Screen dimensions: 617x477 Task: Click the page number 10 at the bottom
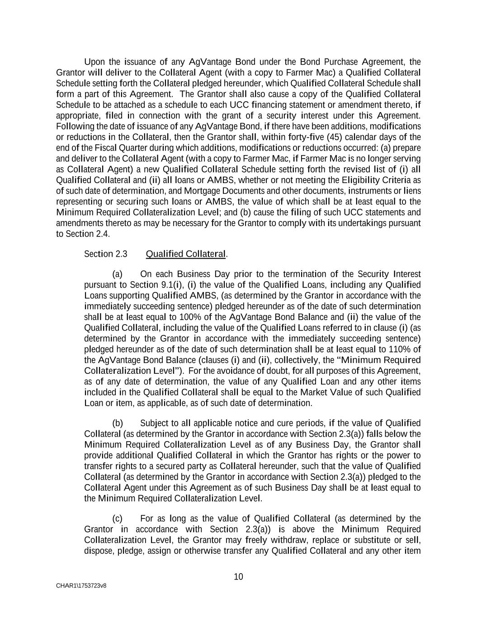tap(238, 577)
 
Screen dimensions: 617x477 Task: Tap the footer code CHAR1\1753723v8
tap(81, 586)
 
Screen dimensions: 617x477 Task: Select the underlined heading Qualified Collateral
tap(185, 254)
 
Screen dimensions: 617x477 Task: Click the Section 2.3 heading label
tap(106, 254)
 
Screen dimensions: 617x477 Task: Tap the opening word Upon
tap(94, 62)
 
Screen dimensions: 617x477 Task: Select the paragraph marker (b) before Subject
tap(118, 423)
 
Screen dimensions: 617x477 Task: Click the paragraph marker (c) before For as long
tap(118, 518)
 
